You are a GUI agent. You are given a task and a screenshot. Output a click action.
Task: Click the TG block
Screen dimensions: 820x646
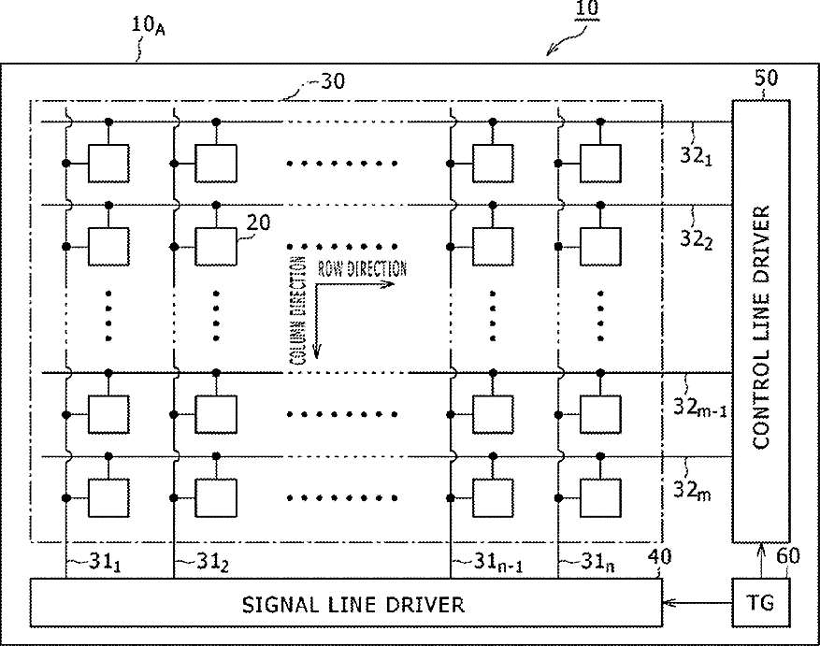[760, 602]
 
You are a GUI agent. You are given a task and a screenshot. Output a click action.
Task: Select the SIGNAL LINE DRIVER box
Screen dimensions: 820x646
[346, 602]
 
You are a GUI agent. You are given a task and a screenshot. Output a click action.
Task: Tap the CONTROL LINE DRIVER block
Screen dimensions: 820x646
[760, 322]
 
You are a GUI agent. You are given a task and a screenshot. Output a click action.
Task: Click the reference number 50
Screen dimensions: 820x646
[766, 78]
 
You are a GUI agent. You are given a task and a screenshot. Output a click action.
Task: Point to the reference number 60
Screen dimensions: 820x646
[787, 555]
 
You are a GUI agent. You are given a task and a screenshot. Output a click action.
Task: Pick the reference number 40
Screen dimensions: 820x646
[659, 556]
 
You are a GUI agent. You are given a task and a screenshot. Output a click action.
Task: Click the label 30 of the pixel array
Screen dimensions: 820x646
[333, 81]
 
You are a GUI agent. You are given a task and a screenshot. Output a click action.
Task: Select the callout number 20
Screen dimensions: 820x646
[258, 223]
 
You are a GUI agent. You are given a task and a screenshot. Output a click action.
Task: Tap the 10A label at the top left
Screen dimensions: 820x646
[148, 25]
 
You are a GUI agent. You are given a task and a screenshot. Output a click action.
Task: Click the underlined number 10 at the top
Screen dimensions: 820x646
[587, 9]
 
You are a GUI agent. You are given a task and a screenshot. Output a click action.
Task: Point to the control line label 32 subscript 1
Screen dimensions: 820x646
[696, 155]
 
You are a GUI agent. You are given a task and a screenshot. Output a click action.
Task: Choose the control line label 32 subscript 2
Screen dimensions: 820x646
[696, 239]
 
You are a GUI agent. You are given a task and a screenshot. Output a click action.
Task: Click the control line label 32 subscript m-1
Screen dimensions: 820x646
[699, 407]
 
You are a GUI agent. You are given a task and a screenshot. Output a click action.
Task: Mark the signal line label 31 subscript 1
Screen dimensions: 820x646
[105, 562]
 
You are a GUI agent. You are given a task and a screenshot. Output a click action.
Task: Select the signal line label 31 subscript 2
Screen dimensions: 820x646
[212, 562]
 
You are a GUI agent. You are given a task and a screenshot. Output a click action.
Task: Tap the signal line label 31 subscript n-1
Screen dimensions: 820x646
[497, 562]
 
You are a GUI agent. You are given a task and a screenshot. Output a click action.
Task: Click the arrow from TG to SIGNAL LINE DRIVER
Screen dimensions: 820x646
[698, 603]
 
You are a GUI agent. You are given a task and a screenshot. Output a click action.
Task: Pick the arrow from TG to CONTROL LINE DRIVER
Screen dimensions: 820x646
[761, 561]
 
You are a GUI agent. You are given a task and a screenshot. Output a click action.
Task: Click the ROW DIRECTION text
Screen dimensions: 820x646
[363, 268]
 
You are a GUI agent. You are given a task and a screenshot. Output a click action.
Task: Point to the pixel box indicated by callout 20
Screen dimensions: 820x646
[215, 247]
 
